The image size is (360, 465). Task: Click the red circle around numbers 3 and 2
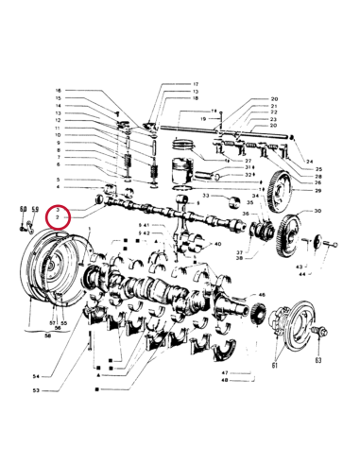60,215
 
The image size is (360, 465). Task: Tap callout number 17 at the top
197,84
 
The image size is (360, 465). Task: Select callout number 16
58,91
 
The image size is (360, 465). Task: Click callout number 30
317,211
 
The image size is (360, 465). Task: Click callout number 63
317,360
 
